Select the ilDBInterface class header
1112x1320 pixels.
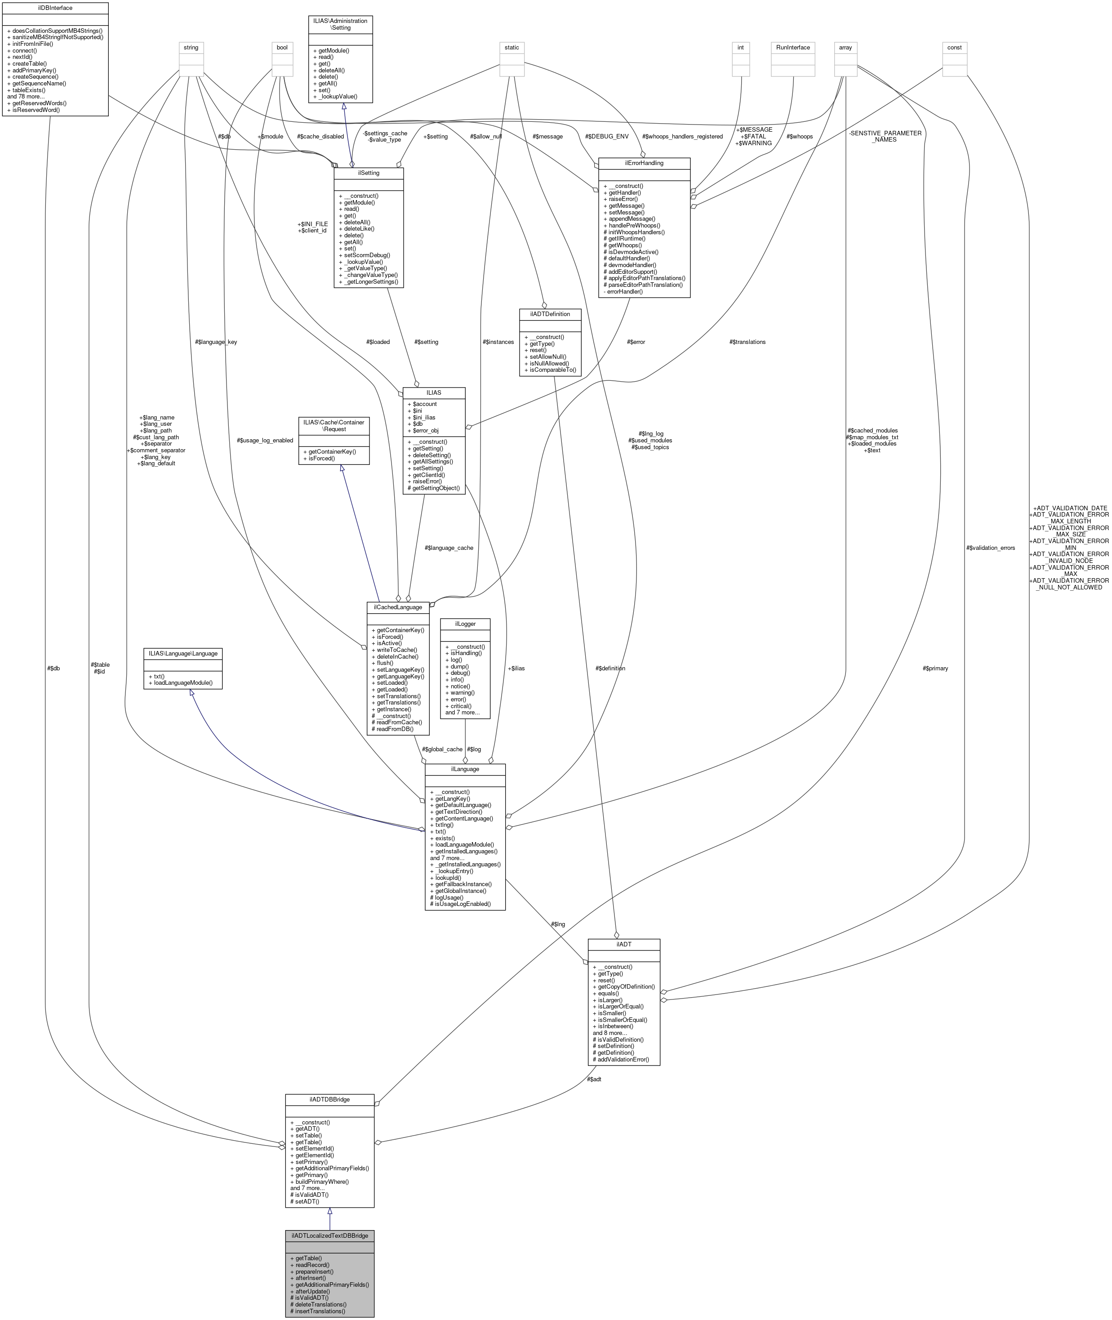point(55,8)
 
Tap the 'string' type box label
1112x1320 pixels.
point(191,47)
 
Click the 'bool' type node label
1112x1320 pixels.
point(282,47)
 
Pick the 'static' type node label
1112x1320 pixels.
point(512,47)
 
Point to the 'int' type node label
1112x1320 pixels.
point(740,47)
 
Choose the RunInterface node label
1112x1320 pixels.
point(793,47)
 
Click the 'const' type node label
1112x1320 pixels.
point(954,47)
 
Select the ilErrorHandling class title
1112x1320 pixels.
point(644,163)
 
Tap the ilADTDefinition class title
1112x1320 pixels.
point(550,314)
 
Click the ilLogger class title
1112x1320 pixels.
point(465,624)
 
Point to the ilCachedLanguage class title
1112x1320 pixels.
point(398,607)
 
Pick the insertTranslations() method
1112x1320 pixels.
point(318,1311)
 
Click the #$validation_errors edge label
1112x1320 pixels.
point(990,548)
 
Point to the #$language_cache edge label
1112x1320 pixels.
point(449,548)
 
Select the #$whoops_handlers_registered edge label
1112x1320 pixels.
point(682,136)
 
